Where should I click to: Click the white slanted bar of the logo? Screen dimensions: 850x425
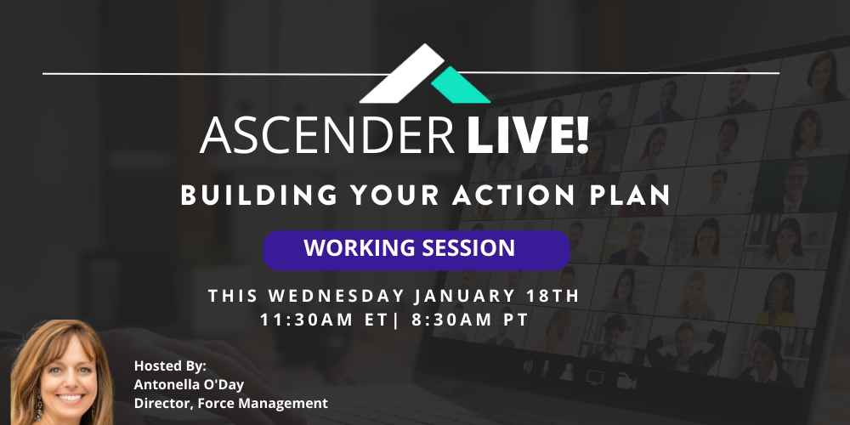(402, 74)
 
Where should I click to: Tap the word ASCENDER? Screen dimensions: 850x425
(327, 135)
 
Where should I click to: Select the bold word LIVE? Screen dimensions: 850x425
(528, 135)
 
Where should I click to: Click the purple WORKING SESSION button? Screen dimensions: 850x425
(416, 250)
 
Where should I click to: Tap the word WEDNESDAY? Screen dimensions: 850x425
(337, 296)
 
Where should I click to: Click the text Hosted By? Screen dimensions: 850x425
(170, 365)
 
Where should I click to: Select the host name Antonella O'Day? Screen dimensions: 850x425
(190, 384)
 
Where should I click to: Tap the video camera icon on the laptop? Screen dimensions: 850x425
(626, 381)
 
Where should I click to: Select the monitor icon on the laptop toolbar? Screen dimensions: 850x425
(595, 377)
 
